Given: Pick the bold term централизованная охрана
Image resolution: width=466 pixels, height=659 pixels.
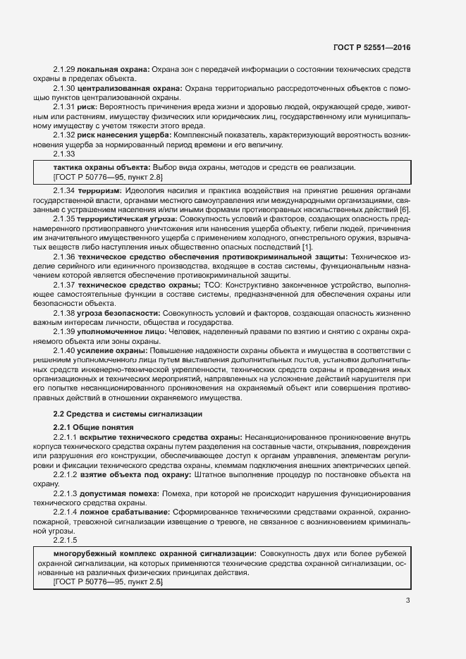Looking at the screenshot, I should (x=130, y=87).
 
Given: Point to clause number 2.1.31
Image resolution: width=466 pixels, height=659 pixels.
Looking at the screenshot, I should (x=64, y=106).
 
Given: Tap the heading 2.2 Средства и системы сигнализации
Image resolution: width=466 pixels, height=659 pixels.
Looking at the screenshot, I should (x=128, y=414).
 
